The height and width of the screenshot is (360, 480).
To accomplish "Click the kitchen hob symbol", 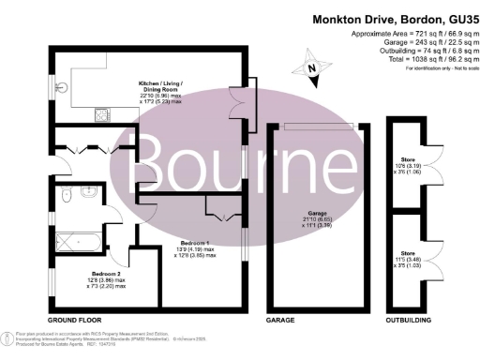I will (101, 116).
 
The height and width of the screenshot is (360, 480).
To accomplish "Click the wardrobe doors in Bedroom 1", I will (221, 217).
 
